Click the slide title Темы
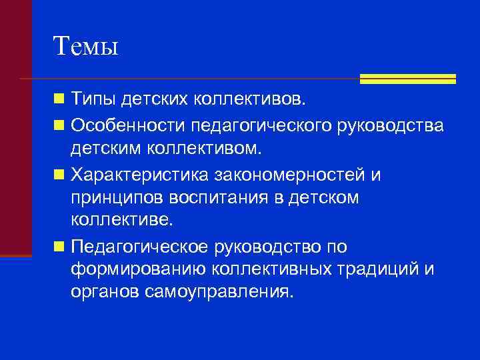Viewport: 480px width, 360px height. [x=85, y=46]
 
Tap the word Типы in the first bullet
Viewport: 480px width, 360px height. [x=93, y=100]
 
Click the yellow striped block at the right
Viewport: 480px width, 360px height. [x=407, y=79]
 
